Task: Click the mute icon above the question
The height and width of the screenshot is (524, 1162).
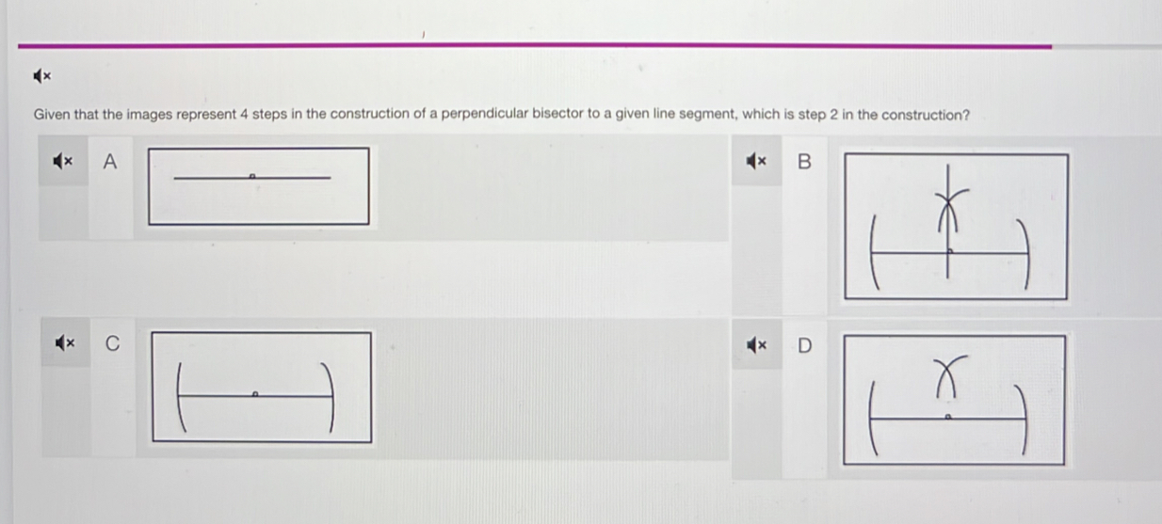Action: tap(42, 76)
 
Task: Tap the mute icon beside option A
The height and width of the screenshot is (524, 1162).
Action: tap(63, 161)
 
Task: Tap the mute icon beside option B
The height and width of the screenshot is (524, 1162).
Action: tap(756, 161)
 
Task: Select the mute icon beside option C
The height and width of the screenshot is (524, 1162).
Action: tap(65, 342)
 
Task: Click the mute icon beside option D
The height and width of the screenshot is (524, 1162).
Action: tap(756, 344)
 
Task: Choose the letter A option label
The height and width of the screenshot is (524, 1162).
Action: tap(109, 162)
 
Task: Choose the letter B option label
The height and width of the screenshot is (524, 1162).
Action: tap(804, 162)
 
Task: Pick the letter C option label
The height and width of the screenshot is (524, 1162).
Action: tap(113, 343)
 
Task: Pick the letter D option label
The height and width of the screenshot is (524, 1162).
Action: tap(804, 345)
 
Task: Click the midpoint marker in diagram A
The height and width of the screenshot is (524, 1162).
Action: tap(252, 176)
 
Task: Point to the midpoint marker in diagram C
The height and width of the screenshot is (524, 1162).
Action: tap(254, 394)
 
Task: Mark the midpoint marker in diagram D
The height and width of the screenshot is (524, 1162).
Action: tap(947, 417)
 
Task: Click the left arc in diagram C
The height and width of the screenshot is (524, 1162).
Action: tap(180, 397)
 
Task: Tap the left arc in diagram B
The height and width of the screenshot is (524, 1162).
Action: tap(872, 252)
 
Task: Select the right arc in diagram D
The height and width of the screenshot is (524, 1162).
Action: tap(1024, 419)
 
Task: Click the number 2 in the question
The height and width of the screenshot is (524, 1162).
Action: tap(833, 114)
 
